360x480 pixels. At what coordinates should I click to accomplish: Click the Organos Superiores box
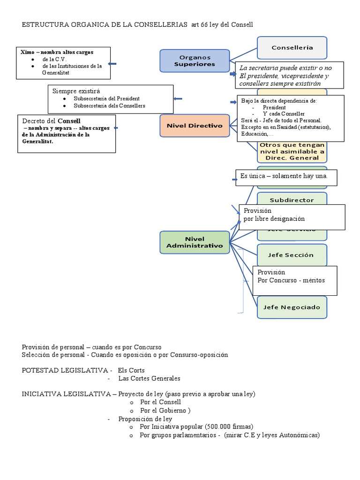195,60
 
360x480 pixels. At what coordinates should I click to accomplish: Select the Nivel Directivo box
194,126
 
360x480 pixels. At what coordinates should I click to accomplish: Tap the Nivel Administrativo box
195,242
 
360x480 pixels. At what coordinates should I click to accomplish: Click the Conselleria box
292,48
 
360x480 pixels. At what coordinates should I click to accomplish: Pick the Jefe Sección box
292,255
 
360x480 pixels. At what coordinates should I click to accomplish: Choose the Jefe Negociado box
292,307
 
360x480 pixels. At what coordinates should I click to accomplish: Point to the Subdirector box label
292,200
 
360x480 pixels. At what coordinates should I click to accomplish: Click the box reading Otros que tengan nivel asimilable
292,152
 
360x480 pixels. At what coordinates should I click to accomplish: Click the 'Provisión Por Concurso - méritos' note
295,280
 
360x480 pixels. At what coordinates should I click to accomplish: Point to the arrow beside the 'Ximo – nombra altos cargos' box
112,64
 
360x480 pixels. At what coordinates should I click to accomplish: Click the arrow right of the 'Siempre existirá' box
178,98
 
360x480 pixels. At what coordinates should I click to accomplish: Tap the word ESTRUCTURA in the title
43,25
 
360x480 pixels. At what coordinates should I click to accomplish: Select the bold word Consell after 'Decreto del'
69,121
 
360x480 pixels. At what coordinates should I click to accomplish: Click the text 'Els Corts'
131,370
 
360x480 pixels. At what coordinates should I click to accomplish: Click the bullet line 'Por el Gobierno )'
165,410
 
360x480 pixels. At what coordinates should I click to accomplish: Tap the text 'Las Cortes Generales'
149,378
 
